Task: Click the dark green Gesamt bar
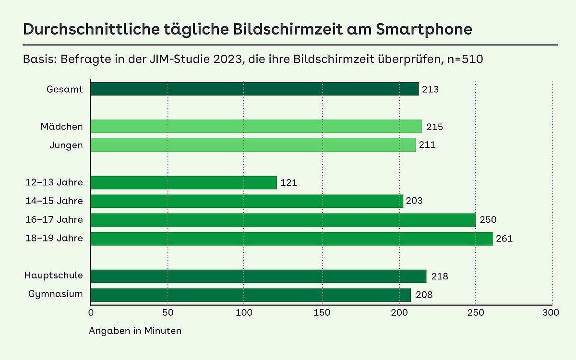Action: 254,89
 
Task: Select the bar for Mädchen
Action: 256,126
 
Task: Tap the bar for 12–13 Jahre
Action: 183,182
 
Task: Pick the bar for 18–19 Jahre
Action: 291,239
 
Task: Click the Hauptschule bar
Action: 258,276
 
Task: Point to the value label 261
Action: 504,239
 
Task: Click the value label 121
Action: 289,182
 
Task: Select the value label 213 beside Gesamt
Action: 431,89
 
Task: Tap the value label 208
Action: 424,295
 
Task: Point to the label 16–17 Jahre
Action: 55,220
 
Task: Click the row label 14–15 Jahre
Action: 55,201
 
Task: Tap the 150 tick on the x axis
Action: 322,313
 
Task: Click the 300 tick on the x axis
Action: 551,313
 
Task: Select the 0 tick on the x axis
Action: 91,313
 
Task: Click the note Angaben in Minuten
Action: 135,331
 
